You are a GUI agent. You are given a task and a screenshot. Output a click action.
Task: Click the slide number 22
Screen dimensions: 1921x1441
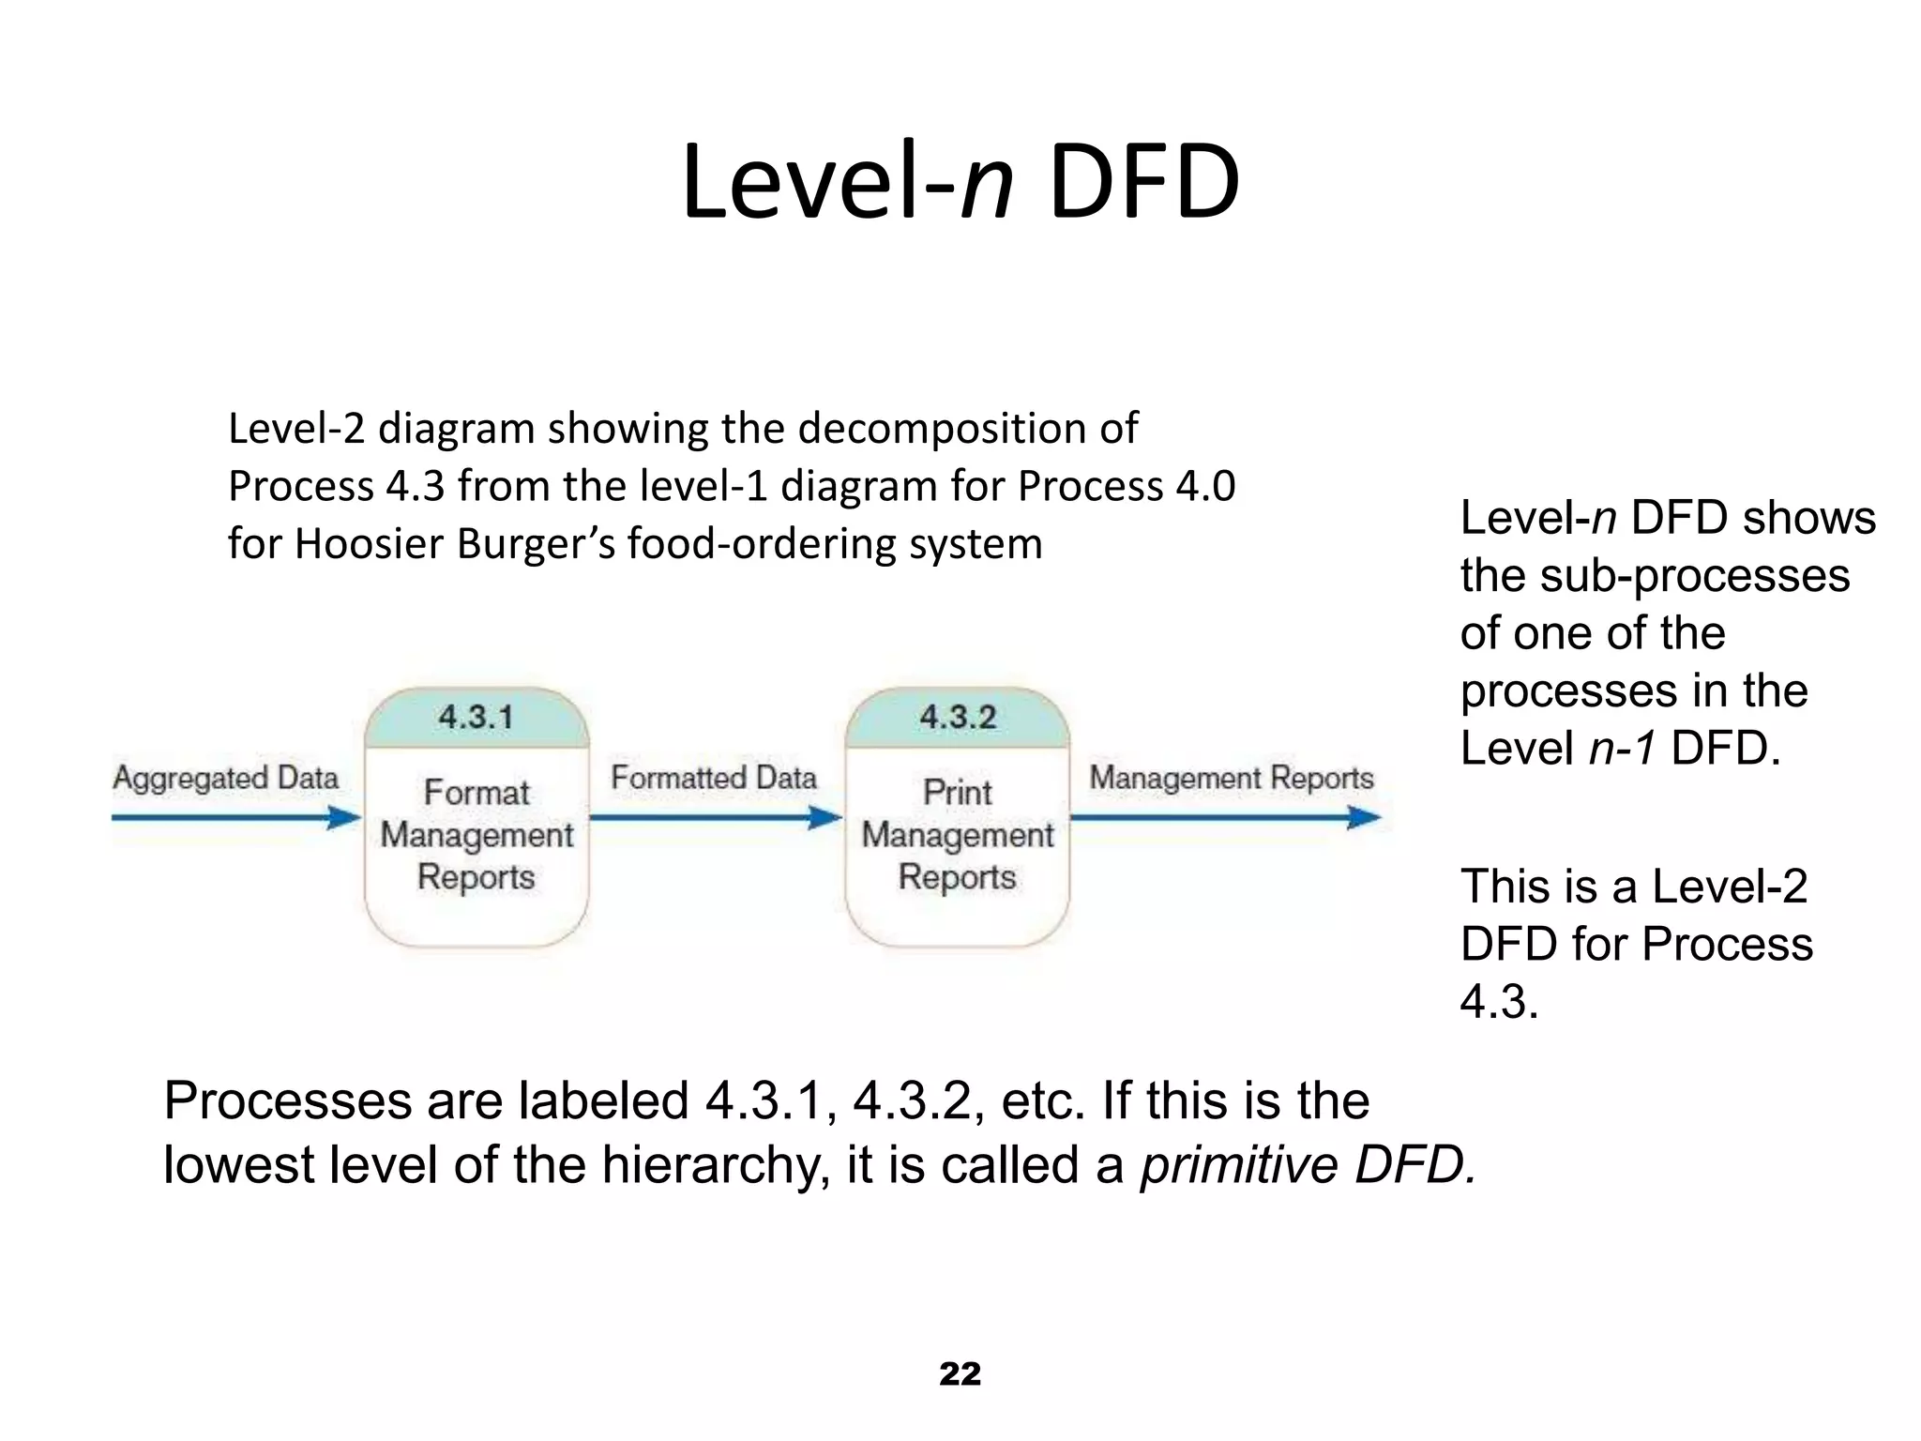pos(960,1374)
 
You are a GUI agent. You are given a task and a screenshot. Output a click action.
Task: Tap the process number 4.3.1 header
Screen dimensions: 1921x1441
pos(476,718)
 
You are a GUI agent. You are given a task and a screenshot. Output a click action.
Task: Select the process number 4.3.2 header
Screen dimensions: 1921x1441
pos(958,718)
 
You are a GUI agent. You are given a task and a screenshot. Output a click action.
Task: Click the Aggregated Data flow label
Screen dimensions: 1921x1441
pos(226,778)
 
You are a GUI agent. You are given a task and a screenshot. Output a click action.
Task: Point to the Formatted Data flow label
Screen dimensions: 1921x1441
pos(714,778)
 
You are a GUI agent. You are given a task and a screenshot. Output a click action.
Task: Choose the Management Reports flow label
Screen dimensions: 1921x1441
pos(1232,778)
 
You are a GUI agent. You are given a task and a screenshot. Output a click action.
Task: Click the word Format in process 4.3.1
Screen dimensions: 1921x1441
pos(476,793)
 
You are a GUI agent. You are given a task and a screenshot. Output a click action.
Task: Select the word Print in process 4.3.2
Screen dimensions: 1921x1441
pos(958,793)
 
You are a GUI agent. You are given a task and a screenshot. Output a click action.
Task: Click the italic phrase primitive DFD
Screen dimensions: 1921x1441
pos(1308,1165)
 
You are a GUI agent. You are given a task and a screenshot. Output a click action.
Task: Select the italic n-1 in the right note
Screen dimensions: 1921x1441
pos(1623,749)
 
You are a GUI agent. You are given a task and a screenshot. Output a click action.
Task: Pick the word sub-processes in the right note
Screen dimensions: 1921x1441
pos(1695,575)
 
